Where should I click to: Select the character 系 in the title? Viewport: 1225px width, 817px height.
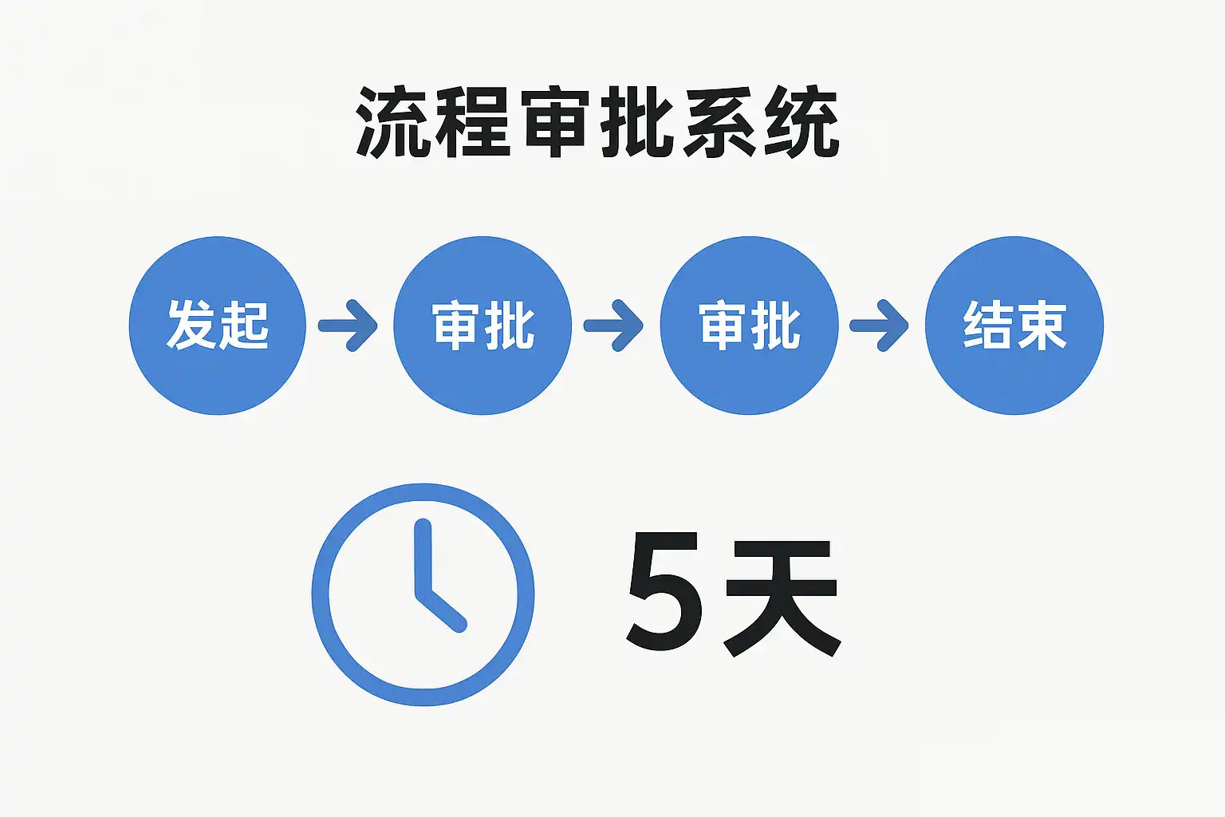(719, 124)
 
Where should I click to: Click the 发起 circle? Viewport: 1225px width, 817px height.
(217, 326)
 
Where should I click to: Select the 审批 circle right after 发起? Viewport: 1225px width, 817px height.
(483, 326)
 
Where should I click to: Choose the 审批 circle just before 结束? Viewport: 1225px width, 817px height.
(749, 326)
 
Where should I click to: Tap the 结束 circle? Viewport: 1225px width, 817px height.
(1014, 326)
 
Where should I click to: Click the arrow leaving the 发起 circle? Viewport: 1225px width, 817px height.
(349, 326)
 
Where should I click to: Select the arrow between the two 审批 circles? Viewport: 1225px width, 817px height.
(614, 326)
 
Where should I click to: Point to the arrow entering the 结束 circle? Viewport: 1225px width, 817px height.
(880, 326)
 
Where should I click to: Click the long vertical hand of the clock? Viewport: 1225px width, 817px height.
(423, 558)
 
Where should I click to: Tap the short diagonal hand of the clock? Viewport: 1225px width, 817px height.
(442, 611)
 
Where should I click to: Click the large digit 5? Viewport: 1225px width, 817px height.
(664, 592)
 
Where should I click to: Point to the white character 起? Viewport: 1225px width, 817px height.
(243, 326)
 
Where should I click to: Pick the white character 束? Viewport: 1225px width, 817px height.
(1042, 326)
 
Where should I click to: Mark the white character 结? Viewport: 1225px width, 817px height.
(987, 326)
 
